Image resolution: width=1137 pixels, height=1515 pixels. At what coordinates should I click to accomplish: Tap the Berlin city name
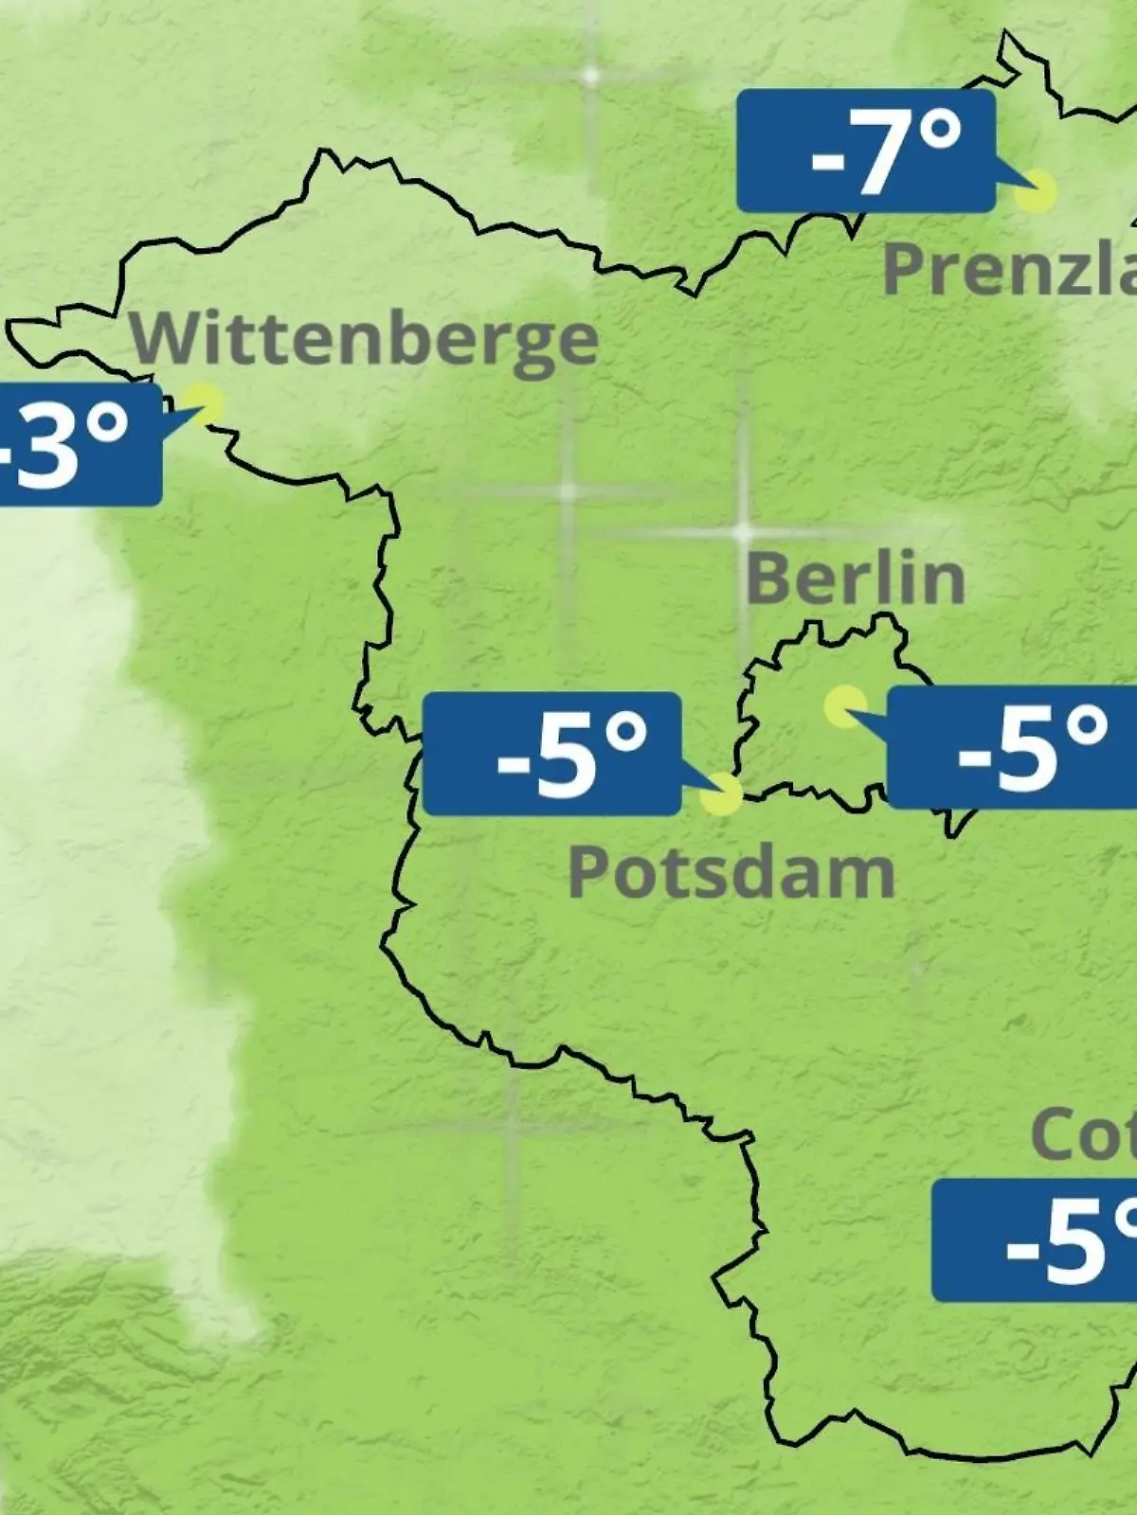point(856,579)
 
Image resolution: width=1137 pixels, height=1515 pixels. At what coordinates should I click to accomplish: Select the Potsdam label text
point(731,873)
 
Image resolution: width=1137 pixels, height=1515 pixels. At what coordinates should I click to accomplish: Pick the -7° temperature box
point(866,151)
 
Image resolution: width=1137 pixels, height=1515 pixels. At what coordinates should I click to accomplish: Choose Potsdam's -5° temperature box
point(551,754)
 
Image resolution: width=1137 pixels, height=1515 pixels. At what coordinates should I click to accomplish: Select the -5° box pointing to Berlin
point(1012,748)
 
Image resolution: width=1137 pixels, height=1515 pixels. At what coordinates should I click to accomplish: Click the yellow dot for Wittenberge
point(204,403)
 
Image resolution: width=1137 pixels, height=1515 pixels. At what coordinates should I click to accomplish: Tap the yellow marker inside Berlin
point(844,706)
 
